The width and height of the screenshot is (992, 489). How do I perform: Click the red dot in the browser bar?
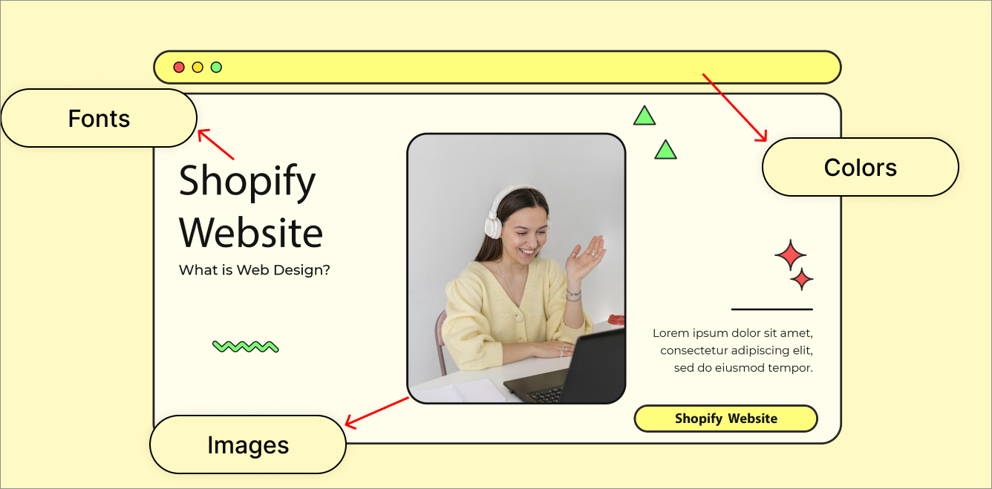[179, 68]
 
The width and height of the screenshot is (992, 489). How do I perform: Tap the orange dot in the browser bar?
[198, 68]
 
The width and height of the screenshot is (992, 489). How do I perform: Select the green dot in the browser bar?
[216, 68]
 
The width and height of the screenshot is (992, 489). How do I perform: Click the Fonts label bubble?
[99, 118]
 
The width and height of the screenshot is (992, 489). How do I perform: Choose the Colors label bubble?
[860, 167]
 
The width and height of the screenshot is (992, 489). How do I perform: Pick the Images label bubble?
[248, 444]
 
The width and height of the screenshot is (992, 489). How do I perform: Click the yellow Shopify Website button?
[726, 419]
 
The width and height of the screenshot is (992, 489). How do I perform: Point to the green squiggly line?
[246, 347]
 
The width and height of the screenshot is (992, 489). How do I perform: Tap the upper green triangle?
[645, 116]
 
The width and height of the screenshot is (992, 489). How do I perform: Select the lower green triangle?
[665, 150]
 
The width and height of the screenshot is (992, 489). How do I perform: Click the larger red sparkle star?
[791, 255]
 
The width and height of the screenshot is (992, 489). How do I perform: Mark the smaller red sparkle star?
[802, 279]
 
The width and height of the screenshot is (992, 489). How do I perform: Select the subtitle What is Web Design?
[254, 270]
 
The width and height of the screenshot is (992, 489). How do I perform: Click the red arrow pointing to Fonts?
[215, 144]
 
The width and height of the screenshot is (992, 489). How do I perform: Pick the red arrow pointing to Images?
[377, 413]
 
